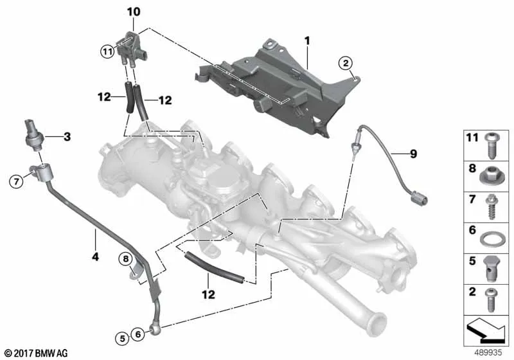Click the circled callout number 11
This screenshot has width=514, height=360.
[x=107, y=51]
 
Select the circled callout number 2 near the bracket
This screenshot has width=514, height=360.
[x=346, y=63]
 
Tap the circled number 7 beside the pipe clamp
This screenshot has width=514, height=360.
[x=17, y=181]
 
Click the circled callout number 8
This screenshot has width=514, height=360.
[x=126, y=259]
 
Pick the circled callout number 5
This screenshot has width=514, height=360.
[x=122, y=338]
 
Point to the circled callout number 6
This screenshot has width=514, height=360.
[x=138, y=334]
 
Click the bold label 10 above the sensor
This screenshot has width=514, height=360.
[x=134, y=12]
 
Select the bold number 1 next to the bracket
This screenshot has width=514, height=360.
[x=307, y=41]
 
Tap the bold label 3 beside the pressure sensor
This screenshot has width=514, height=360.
[x=67, y=136]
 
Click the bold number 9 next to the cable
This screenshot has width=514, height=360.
[x=413, y=154]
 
